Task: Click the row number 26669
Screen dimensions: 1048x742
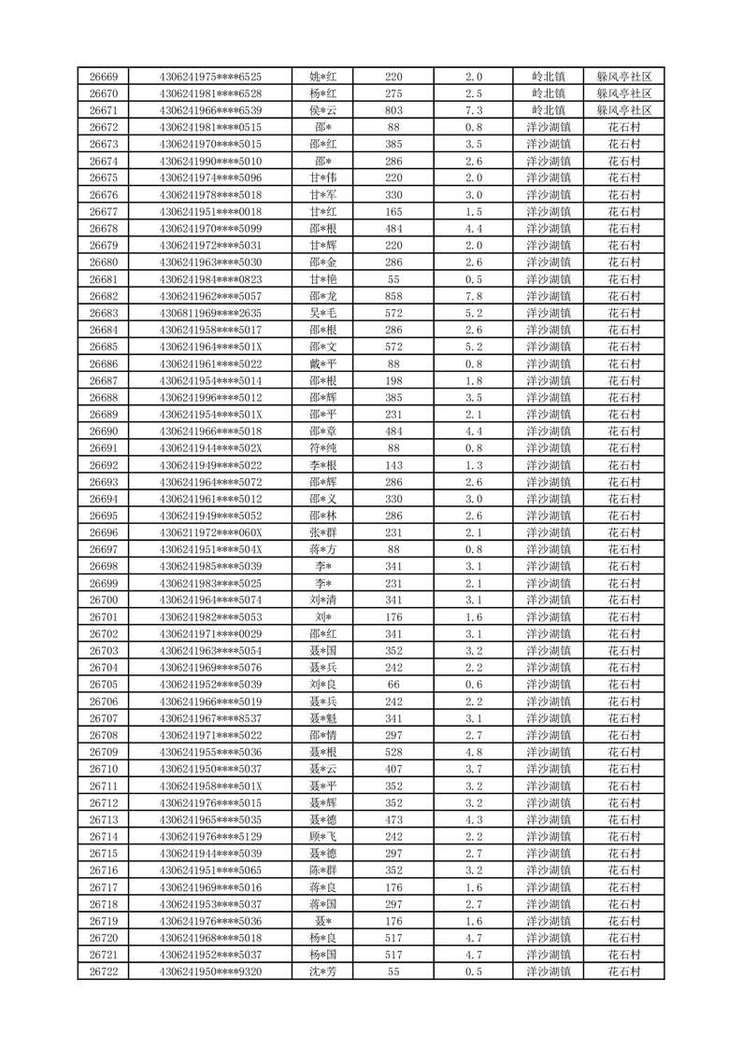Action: click(103, 77)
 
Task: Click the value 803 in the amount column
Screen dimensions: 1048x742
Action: click(393, 110)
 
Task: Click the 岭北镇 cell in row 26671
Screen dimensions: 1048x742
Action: click(549, 110)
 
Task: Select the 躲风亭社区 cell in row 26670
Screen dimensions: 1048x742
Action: click(623, 93)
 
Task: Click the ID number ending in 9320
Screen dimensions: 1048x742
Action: click(211, 971)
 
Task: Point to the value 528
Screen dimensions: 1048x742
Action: click(393, 752)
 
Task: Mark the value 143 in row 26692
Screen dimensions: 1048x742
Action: click(393, 465)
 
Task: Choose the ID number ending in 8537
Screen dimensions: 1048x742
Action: click(211, 718)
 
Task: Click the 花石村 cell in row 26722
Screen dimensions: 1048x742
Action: click(623, 971)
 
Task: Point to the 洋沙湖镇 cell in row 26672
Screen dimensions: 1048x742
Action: click(549, 127)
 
